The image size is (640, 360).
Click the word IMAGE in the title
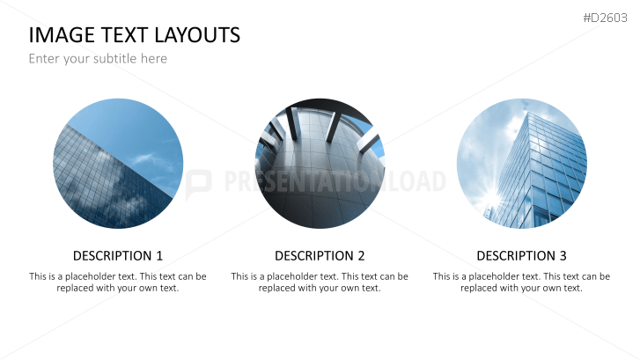point(62,35)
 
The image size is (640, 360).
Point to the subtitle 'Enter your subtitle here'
point(98,59)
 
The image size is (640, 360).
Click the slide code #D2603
point(605,18)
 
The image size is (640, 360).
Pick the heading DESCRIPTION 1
point(118,256)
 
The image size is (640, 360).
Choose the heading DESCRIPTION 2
point(320,256)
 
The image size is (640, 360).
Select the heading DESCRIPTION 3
point(522,256)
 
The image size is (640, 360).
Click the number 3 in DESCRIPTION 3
point(563,256)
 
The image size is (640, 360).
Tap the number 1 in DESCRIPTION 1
point(159,256)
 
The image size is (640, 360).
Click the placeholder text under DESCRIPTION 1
point(118,282)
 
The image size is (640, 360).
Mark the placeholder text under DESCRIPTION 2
point(320,282)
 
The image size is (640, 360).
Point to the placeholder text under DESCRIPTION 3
point(522,282)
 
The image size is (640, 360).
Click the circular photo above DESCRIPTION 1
point(118,163)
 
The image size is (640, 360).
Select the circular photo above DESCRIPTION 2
point(320,163)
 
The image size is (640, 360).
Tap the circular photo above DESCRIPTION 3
point(522,163)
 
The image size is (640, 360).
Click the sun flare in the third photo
point(493,199)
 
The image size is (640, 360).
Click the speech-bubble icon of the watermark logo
point(198,184)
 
